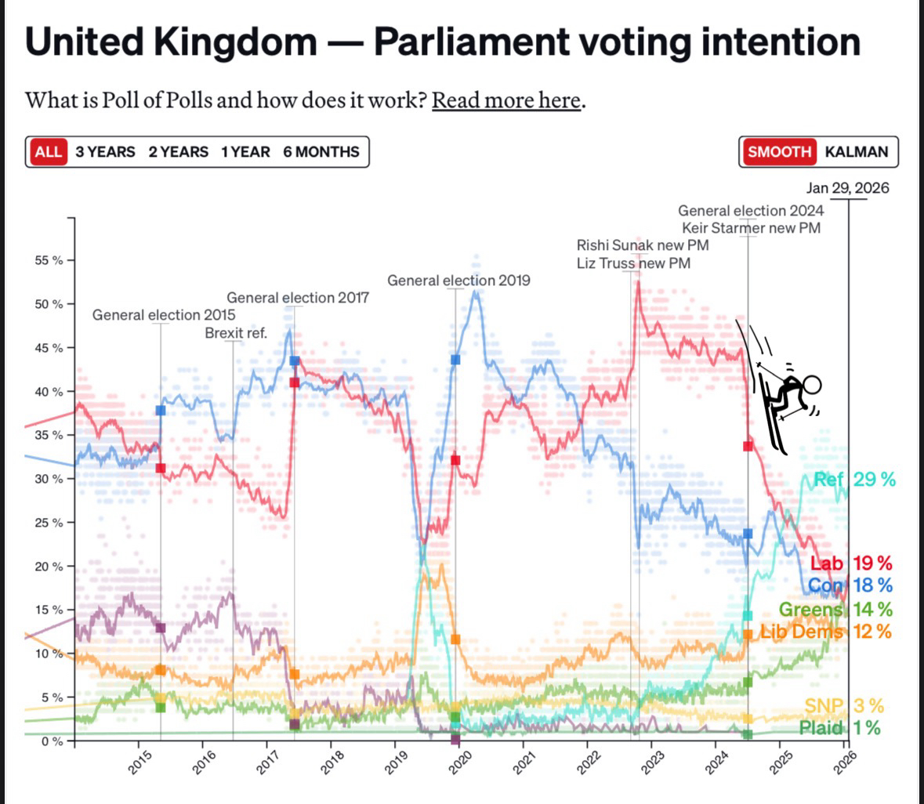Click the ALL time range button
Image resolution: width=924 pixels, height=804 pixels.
[x=48, y=152]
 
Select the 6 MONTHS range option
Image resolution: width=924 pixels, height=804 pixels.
[x=321, y=152]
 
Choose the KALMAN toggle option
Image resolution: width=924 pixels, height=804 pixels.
[x=857, y=152]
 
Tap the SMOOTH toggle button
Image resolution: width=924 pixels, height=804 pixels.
[x=779, y=152]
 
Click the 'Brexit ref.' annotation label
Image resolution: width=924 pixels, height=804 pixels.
[x=236, y=333]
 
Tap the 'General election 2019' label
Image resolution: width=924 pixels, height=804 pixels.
[x=458, y=281]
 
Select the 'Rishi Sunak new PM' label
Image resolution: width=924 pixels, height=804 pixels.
[x=643, y=245]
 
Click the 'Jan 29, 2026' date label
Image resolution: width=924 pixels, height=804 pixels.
[x=847, y=188]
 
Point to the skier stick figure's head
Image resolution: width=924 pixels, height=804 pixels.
[x=811, y=385]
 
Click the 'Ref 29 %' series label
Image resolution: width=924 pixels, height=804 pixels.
[x=853, y=480]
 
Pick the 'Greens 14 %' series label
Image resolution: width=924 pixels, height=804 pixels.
[x=835, y=609]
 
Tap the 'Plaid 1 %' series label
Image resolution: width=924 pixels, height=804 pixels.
[x=839, y=728]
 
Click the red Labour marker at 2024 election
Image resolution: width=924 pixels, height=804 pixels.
[x=748, y=446]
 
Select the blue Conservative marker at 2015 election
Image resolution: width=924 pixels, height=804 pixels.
[x=161, y=410]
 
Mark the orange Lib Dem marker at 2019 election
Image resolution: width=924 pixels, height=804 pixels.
[x=455, y=639]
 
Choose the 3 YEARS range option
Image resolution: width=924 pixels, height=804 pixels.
[x=105, y=152]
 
